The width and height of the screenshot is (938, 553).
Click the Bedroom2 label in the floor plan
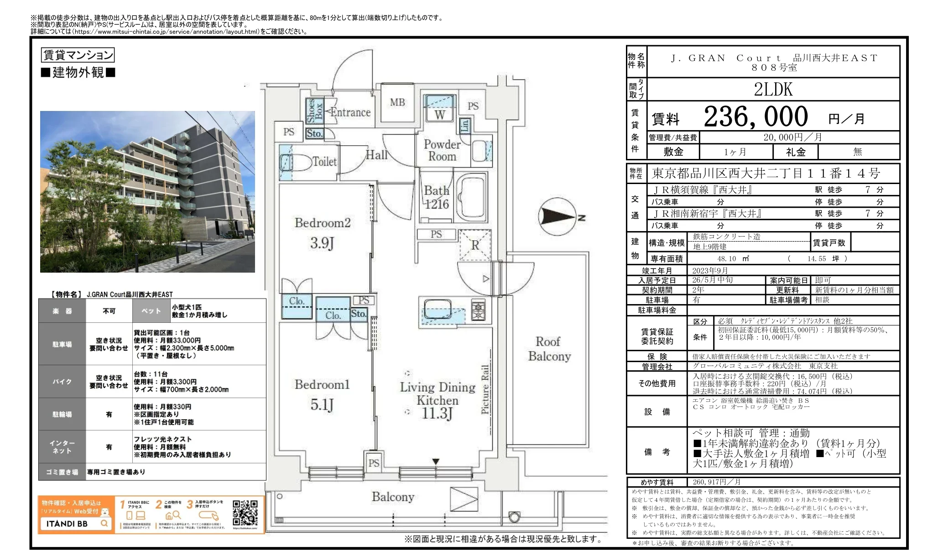click(x=323, y=223)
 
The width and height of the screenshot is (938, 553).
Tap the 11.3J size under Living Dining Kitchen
click(x=437, y=414)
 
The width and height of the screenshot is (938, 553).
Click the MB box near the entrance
click(x=397, y=103)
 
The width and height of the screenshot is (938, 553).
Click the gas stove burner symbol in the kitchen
click(x=478, y=311)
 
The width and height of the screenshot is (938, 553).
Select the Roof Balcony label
click(x=549, y=349)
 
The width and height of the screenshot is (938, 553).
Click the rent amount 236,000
click(x=756, y=117)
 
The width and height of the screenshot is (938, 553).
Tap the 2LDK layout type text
click(x=773, y=90)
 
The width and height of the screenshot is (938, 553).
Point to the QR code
click(x=245, y=513)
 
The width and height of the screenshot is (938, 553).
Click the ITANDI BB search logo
click(x=76, y=523)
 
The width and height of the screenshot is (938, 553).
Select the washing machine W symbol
click(x=439, y=114)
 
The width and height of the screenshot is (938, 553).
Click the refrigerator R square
click(x=475, y=245)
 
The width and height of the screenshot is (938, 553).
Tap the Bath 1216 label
click(x=436, y=197)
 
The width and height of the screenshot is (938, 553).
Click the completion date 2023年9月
click(x=710, y=270)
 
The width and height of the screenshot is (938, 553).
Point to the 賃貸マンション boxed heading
click(x=78, y=55)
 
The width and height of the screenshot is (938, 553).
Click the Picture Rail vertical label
click(x=485, y=389)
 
